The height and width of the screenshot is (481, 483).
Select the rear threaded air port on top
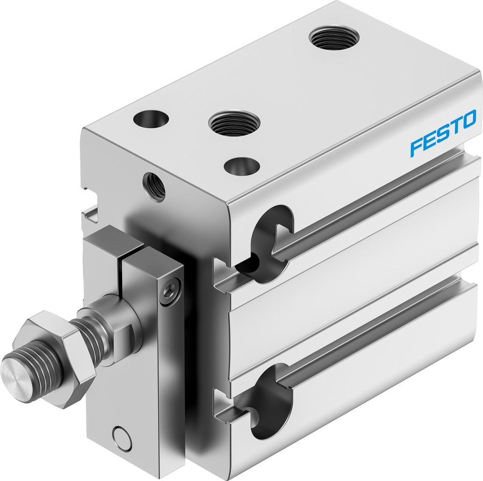334,36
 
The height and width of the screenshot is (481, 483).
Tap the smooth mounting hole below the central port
240,166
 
